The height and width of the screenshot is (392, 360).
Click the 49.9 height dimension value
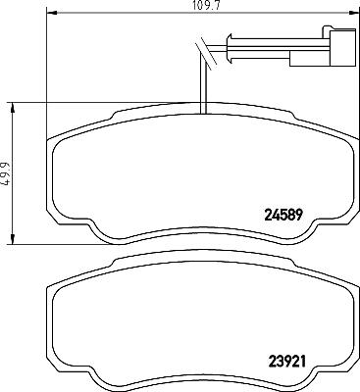click(6, 173)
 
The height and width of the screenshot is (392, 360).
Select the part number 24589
click(283, 215)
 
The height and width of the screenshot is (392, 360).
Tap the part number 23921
click(286, 361)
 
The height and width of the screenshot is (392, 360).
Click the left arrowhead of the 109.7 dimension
click(53, 13)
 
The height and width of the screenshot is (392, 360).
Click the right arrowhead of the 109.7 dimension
click(353, 13)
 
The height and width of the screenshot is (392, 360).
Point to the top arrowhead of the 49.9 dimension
click(13, 108)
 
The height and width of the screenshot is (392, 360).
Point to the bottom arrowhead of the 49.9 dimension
click(13, 238)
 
